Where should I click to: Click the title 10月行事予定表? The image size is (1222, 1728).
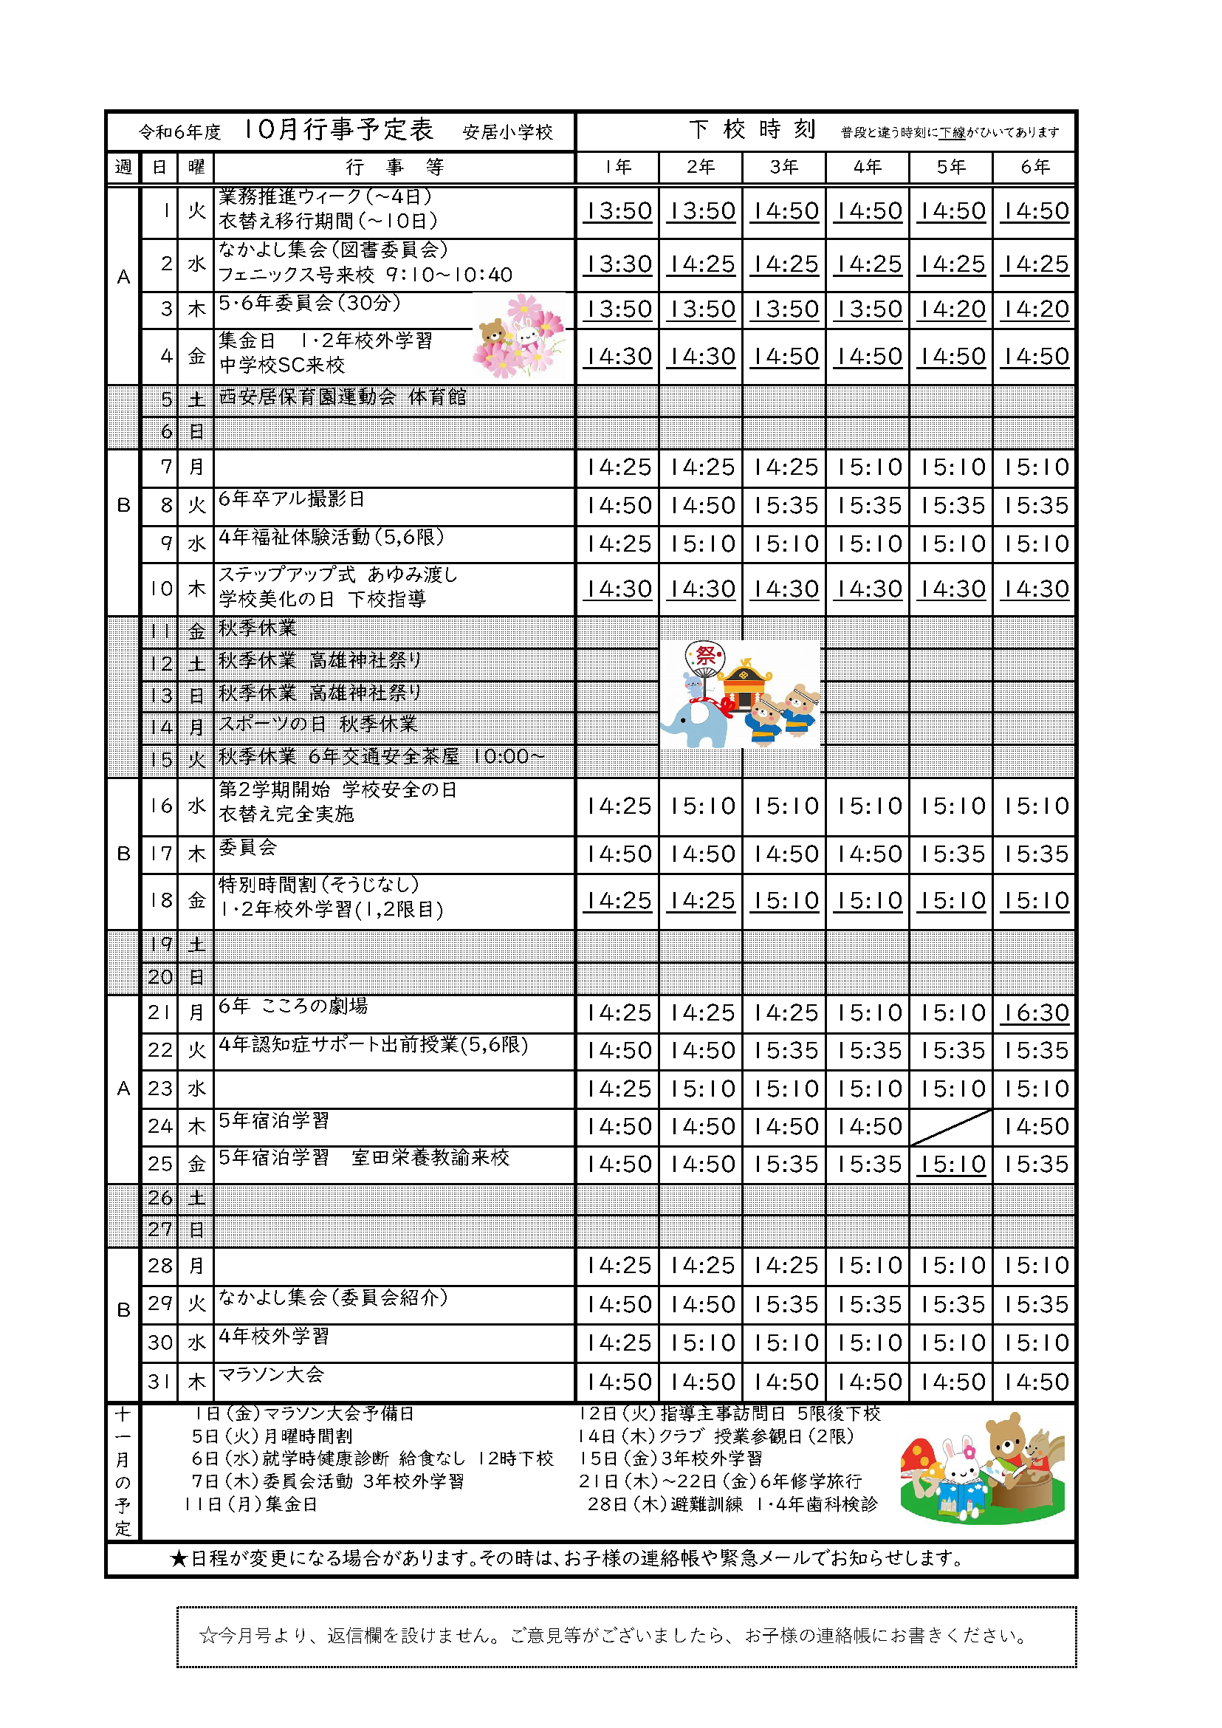coord(339,129)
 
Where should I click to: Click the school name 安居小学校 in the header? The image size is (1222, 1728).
coord(508,132)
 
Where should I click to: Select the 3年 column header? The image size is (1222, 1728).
coord(783,167)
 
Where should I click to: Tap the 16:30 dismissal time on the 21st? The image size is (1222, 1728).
coord(1034,1013)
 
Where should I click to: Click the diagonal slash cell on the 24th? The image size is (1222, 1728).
coord(951,1127)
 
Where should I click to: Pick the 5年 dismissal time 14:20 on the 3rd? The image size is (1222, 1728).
coord(951,309)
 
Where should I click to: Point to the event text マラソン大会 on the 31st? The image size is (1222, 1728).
coord(272,1374)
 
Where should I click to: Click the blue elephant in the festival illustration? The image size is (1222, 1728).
coord(694,723)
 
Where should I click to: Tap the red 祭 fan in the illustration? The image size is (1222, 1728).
coord(706,656)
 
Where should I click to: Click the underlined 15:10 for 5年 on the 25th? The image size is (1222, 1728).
coord(951,1165)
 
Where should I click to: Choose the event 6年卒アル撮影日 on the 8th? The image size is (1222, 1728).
coord(292,499)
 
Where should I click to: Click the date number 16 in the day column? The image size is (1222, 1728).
coord(160,806)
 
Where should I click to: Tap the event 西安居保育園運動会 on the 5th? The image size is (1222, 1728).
coord(307,397)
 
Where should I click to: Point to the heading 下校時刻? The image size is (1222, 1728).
coord(752,129)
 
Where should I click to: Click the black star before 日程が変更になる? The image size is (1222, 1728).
coord(179,1559)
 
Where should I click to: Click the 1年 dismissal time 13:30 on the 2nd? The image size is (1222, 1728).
coord(619,264)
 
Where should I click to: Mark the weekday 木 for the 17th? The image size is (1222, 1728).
coord(196,854)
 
